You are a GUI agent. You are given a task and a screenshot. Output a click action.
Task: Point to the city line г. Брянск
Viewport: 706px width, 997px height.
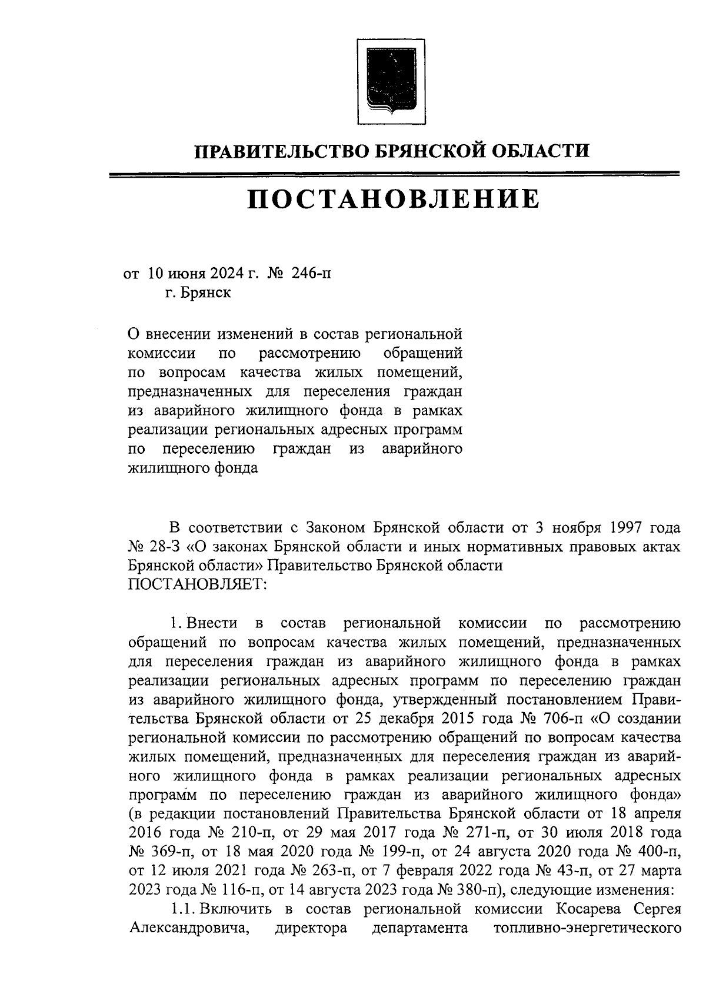coord(198,293)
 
